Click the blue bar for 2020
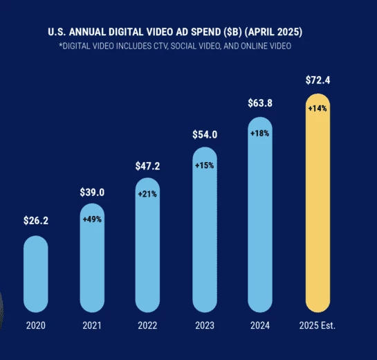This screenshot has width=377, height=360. point(36,274)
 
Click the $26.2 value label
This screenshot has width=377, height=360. point(36,222)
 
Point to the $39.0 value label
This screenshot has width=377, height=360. point(92,192)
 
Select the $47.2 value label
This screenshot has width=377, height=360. point(148,166)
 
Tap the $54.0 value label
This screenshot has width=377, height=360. point(205,134)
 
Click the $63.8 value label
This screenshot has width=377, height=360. point(261,104)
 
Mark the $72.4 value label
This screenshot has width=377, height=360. point(318,81)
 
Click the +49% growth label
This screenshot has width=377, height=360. point(92,219)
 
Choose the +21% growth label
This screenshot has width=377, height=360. point(148,194)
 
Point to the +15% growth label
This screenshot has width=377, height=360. point(205,166)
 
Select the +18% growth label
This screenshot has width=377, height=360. point(261,133)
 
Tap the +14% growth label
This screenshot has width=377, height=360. point(318,109)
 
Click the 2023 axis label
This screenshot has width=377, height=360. point(205,326)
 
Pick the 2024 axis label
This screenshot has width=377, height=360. point(261,326)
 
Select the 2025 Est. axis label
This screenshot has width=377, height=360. point(318,326)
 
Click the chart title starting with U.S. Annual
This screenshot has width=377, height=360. point(175,33)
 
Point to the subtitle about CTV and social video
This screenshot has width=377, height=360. point(175,46)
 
